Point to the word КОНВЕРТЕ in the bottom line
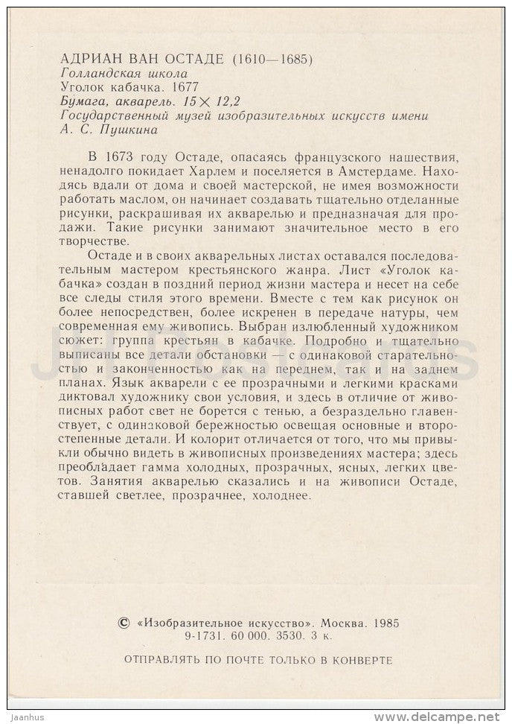tap(362, 659)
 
